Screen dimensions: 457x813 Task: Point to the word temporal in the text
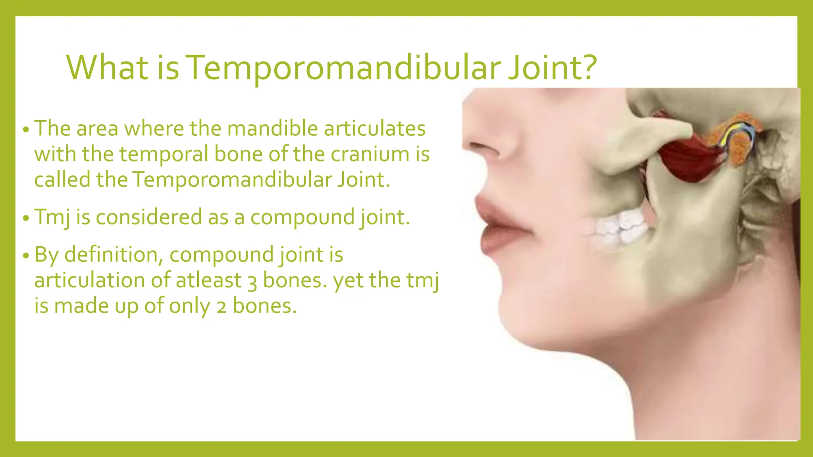point(164,154)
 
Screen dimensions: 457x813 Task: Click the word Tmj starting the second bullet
point(52,217)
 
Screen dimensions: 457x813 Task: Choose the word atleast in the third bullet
point(209,280)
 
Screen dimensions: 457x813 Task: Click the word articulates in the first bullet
point(375,129)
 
